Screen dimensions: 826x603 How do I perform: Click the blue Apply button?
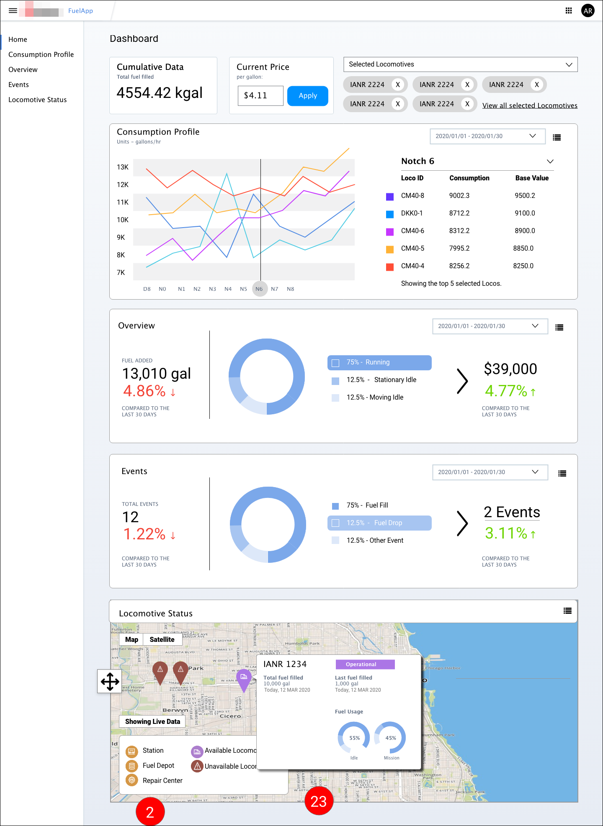pyautogui.click(x=307, y=96)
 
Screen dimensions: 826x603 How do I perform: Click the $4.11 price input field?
pyautogui.click(x=260, y=96)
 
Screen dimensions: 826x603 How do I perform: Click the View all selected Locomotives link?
pyautogui.click(x=529, y=105)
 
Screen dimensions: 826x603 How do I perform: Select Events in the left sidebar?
pyautogui.click(x=18, y=85)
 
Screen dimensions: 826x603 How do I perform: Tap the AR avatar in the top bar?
pyautogui.click(x=588, y=11)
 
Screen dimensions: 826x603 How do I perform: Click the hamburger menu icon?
pyautogui.click(x=13, y=11)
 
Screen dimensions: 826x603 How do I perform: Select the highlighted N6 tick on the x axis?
pyautogui.click(x=259, y=289)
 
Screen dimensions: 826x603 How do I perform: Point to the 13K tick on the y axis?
pyautogui.click(x=122, y=167)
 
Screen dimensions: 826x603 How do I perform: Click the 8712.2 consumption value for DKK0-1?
pyautogui.click(x=459, y=213)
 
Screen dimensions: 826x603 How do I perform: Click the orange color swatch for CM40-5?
pyautogui.click(x=389, y=249)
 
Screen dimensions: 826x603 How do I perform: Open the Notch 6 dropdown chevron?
pyautogui.click(x=550, y=162)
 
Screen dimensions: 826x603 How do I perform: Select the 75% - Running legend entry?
pyautogui.click(x=379, y=362)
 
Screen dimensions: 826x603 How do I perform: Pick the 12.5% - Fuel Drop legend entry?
pyautogui.click(x=379, y=523)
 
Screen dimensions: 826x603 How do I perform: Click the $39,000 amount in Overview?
pyautogui.click(x=510, y=369)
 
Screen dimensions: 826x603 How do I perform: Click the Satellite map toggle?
pyautogui.click(x=162, y=639)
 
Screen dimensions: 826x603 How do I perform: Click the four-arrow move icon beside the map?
pyautogui.click(x=110, y=681)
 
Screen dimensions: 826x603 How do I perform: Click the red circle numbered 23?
pyautogui.click(x=319, y=801)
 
